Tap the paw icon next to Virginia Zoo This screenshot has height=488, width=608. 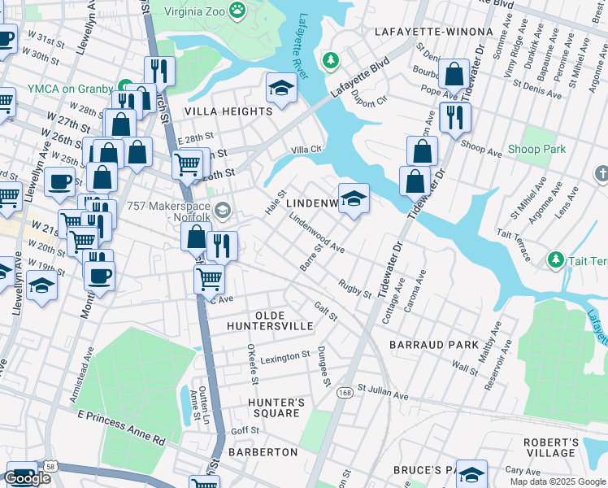tap(237, 10)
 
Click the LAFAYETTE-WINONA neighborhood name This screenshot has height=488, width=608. tap(434, 32)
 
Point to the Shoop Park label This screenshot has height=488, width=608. tap(536, 150)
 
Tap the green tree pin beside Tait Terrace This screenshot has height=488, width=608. tap(556, 259)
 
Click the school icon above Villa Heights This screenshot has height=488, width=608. tap(281, 88)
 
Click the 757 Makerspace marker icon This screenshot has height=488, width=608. tap(223, 211)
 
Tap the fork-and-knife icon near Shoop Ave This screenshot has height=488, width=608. tap(455, 116)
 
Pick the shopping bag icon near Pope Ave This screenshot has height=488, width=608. tap(454, 75)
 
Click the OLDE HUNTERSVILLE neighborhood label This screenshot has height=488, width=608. tap(284, 320)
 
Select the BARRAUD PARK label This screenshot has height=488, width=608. tap(434, 345)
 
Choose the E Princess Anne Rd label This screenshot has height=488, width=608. tap(121, 428)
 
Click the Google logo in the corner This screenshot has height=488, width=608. tap(27, 478)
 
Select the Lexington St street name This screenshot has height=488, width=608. tap(285, 355)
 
